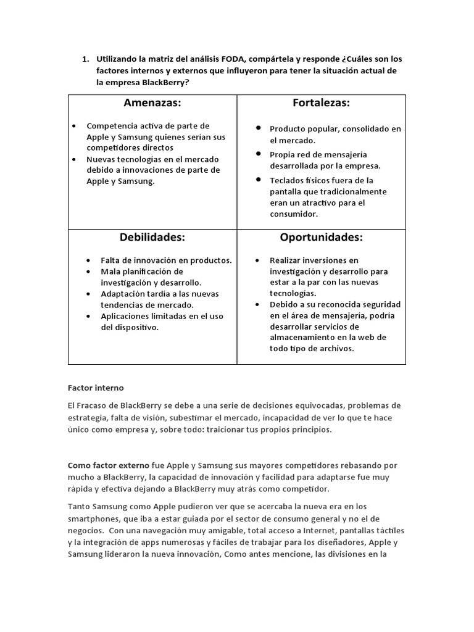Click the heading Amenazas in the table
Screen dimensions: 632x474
[x=152, y=102]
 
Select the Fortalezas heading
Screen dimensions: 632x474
[x=321, y=102]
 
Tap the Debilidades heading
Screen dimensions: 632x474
[x=152, y=237]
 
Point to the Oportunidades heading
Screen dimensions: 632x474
[x=321, y=237]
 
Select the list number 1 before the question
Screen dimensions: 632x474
[x=85, y=59]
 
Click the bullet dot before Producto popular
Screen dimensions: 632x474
[x=259, y=128]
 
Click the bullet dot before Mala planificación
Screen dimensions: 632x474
[x=89, y=272]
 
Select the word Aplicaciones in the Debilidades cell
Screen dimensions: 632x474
[x=126, y=316]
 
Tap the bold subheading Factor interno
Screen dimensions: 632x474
[x=96, y=388]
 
